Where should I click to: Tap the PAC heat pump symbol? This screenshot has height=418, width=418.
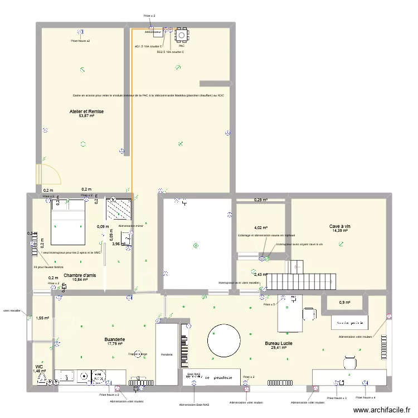[x=182, y=36]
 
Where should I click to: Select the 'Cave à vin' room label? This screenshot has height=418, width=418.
[x=339, y=226]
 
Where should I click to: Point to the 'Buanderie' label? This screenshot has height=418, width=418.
[x=115, y=339]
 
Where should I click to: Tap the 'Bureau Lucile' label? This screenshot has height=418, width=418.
[x=278, y=344]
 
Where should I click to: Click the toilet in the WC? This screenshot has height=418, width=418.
[x=41, y=378]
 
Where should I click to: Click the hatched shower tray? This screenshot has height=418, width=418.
[x=118, y=210]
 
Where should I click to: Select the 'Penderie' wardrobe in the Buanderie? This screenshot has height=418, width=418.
[x=167, y=354]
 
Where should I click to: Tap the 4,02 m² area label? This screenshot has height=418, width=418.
[x=260, y=227]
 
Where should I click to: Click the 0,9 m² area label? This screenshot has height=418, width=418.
[x=346, y=303]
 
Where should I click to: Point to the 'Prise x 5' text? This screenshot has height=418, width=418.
[x=269, y=304]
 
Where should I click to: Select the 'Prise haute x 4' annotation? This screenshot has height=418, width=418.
[x=366, y=397]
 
